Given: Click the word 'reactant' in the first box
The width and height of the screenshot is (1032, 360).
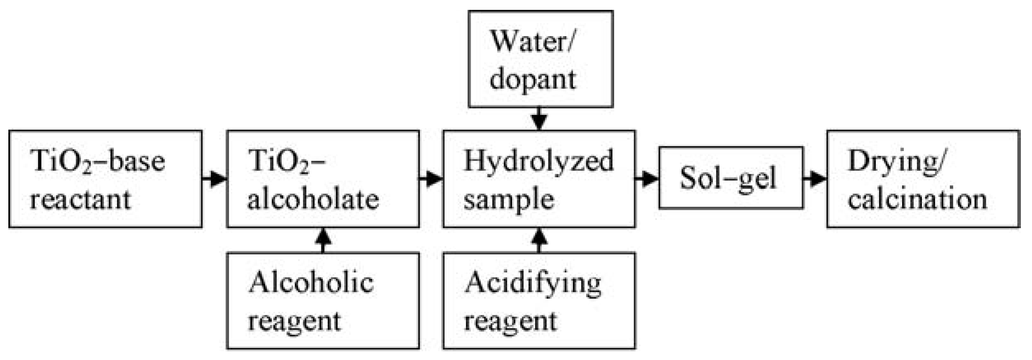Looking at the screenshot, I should coord(80,199).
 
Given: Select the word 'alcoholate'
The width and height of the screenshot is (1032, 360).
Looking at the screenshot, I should coord(313,199).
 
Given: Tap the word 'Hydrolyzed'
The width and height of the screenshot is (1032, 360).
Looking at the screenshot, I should coord(538,161).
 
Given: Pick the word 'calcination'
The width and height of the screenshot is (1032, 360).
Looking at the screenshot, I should coord(917,199).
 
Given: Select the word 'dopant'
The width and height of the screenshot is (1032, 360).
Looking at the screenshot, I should coord(532,80).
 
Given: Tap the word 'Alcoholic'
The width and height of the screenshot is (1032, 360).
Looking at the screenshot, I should coord(311,283).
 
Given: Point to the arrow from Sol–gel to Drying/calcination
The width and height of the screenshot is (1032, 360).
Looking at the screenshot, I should coord(815,179).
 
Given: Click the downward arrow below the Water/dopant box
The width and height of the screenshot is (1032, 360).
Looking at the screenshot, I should coord(539,119).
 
